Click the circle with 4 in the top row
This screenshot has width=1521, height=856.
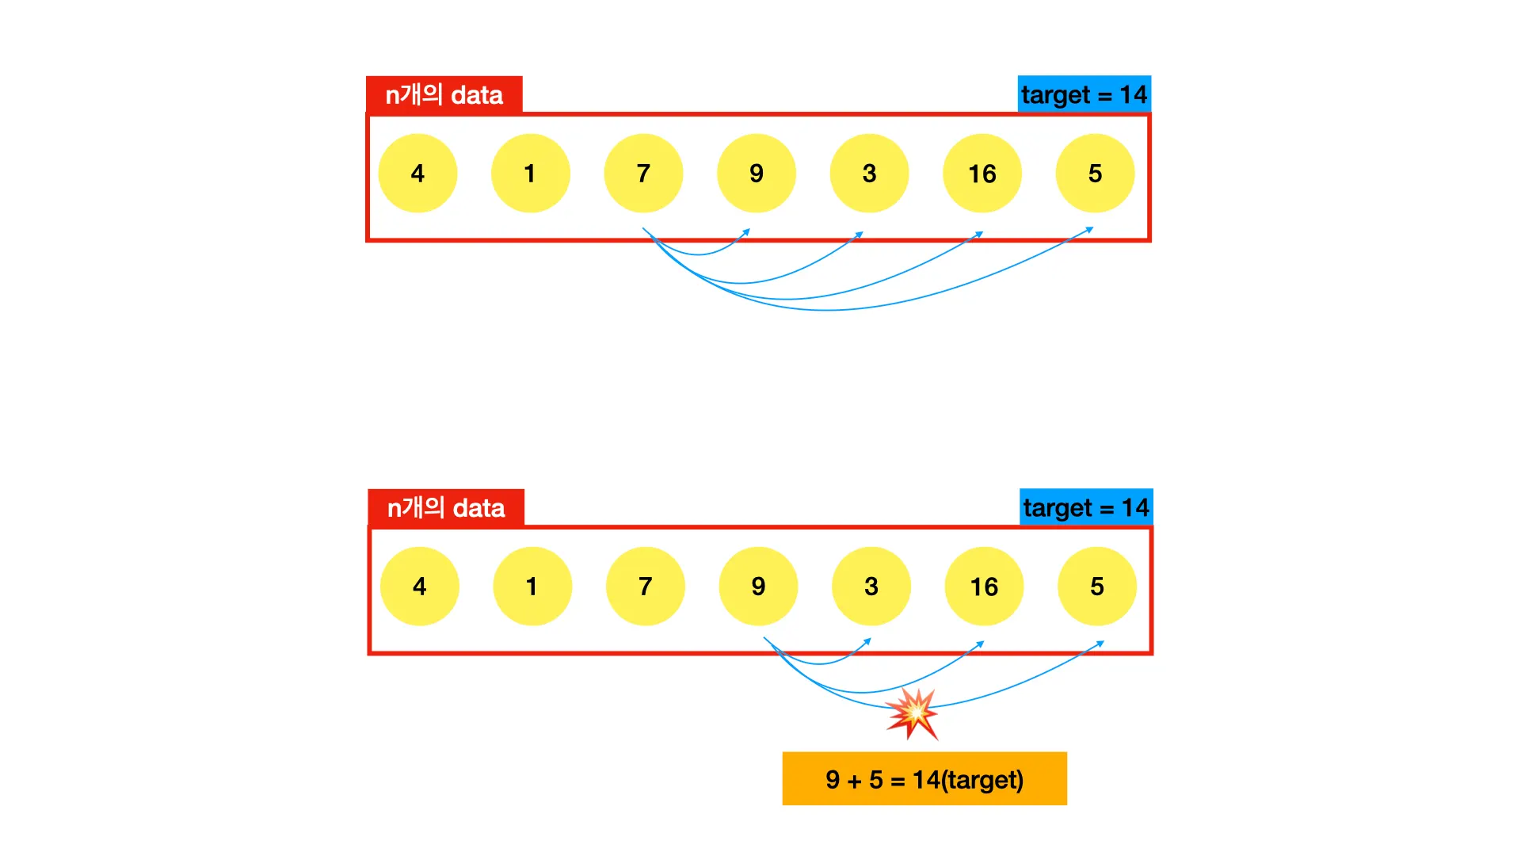pos(417,173)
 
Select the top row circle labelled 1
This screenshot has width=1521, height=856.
pos(530,173)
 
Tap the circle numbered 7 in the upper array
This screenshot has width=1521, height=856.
pos(643,173)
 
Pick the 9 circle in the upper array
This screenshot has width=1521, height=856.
pos(757,173)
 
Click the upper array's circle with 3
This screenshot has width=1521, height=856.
pos(869,173)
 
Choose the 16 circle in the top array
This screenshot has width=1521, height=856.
pos(982,173)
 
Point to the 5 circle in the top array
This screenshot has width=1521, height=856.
pos(1095,173)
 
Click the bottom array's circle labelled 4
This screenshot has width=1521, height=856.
pos(420,586)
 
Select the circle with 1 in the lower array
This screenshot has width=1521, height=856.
pos(532,586)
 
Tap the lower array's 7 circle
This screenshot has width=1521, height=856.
pos(646,586)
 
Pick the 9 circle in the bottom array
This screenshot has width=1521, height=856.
pos(758,586)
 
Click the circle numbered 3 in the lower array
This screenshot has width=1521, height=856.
pos(871,586)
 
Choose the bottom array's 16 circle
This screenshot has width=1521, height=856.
pos(984,586)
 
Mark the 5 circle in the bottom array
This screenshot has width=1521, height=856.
pos(1097,586)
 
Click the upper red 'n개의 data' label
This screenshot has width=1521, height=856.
pos(444,95)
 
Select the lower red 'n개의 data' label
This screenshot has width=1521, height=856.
pos(446,508)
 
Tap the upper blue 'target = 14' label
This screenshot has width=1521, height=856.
pos(1084,94)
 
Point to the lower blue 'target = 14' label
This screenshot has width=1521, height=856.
pos(1086,507)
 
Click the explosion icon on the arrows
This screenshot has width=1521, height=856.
pos(913,713)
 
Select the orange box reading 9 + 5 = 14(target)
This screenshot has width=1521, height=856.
pos(924,778)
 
